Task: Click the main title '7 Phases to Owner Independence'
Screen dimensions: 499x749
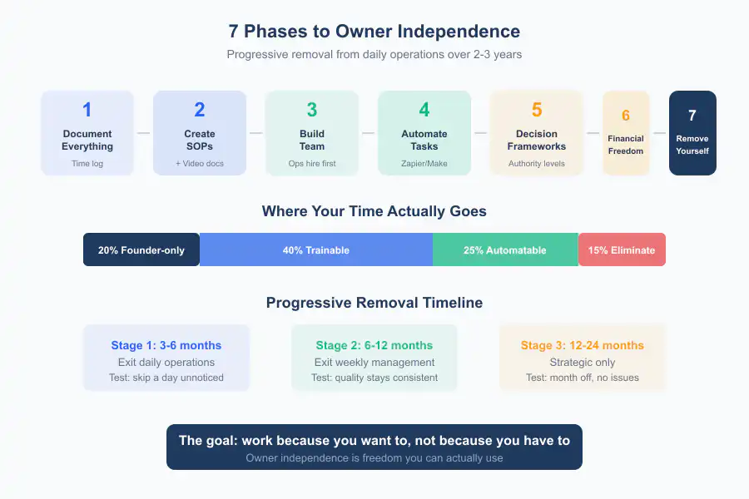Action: point(374,32)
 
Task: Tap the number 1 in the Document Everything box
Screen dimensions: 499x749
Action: point(87,110)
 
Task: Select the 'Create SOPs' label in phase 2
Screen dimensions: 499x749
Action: point(200,140)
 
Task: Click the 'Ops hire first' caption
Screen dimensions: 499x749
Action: point(312,164)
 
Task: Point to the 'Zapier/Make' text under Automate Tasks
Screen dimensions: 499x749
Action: point(424,164)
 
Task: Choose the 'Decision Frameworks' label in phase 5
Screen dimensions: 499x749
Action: point(537,140)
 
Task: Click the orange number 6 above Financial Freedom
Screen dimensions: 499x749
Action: point(626,116)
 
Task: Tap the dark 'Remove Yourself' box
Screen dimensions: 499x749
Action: point(692,133)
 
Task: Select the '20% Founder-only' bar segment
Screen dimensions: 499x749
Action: point(141,249)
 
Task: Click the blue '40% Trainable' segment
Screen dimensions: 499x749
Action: point(316,249)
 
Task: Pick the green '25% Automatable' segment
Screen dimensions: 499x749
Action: point(505,249)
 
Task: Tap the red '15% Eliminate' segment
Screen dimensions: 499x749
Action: point(622,249)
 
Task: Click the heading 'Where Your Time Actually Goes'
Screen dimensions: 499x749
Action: point(374,211)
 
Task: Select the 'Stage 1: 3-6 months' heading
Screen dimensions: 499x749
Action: point(166,345)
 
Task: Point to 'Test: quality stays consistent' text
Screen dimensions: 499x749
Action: point(374,378)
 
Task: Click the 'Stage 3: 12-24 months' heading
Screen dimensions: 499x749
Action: point(583,345)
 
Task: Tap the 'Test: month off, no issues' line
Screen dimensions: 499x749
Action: point(583,378)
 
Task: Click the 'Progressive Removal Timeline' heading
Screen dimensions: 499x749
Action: point(374,303)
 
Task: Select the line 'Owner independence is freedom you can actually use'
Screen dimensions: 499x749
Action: point(374,457)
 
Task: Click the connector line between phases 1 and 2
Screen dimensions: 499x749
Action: point(143,133)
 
